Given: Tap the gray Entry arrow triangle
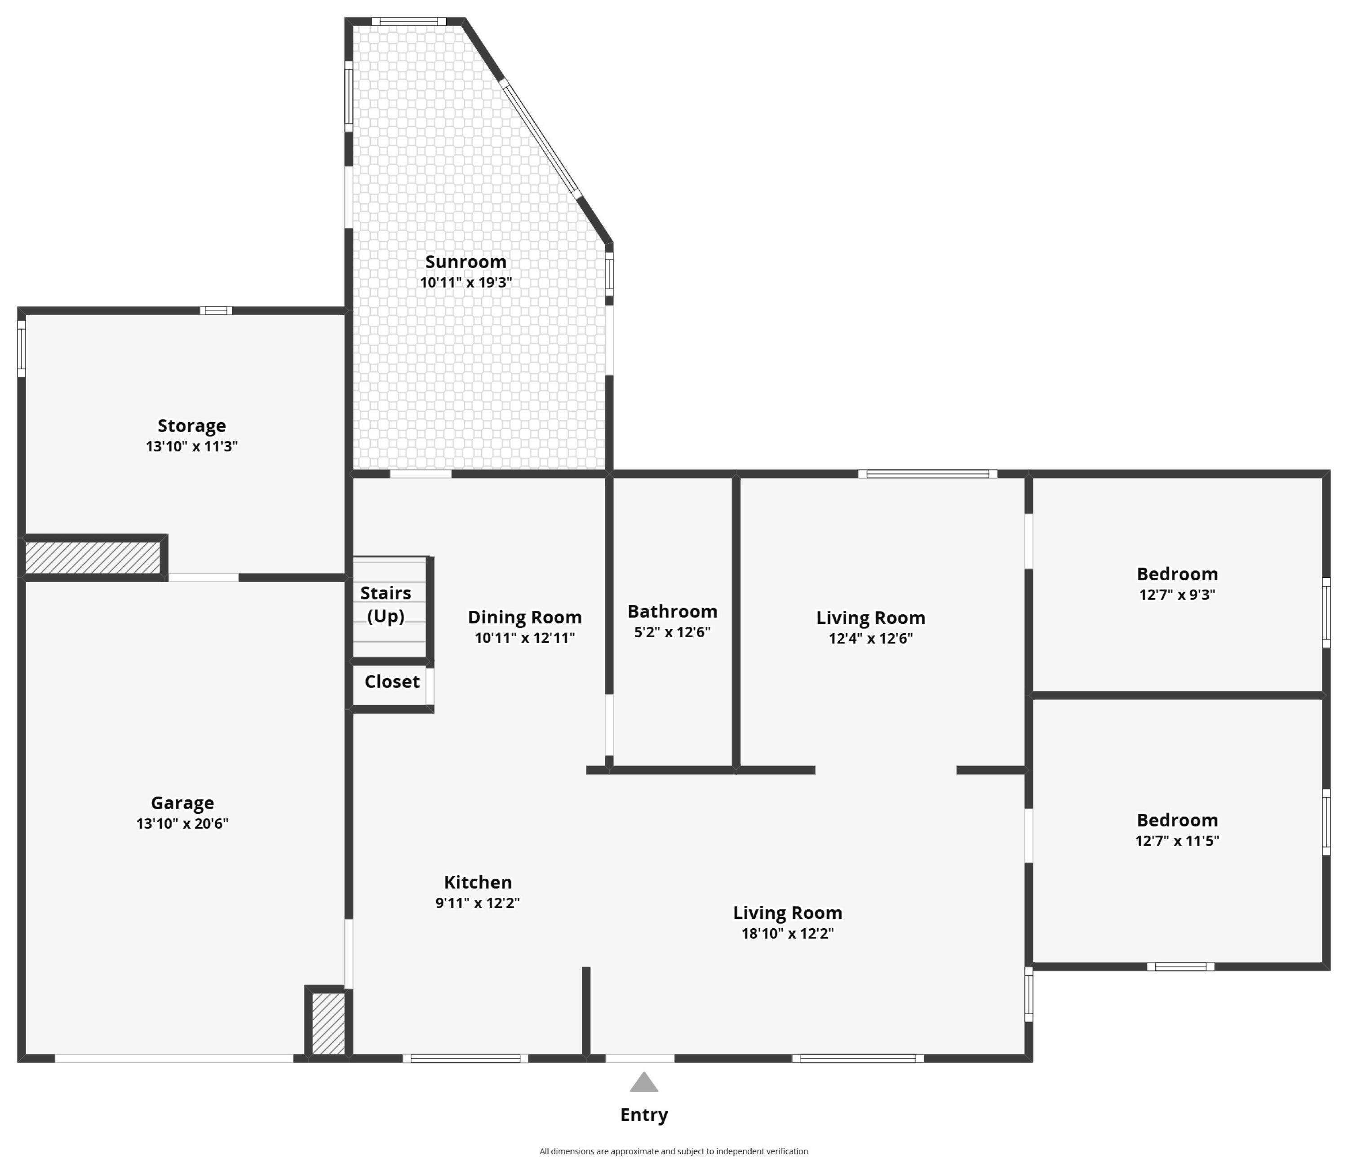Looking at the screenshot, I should coord(643,1083).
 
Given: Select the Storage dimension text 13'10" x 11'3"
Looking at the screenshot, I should coord(191,446).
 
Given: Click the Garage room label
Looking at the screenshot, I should coord(182,803).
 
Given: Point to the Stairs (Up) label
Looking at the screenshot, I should coord(386,604).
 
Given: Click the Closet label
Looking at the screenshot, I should coord(392,681).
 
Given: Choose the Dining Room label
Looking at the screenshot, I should coord(524,617).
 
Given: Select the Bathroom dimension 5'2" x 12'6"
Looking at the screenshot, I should coord(672,632).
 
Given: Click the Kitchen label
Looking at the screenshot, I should coord(478,882).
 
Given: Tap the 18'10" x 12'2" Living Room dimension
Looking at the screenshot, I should coord(787,934).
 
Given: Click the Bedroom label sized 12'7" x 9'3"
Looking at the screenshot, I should coord(1177,574).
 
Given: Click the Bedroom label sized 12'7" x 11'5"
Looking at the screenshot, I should coord(1177,820).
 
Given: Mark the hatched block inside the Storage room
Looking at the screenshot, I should coord(93,558).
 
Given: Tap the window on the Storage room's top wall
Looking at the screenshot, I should coord(215,311).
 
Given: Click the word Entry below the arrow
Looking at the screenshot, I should coord(643,1115).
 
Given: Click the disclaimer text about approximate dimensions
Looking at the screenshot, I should coord(674,1151).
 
